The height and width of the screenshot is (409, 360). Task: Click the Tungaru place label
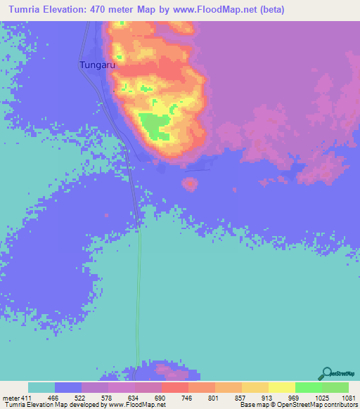point(96,65)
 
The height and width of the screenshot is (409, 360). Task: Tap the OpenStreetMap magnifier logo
point(327,372)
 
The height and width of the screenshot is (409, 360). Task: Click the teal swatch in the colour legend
point(41,387)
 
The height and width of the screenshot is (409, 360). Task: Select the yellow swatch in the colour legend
point(281,387)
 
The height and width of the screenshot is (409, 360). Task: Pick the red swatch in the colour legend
point(174,387)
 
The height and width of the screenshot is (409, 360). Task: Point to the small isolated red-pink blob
point(189,184)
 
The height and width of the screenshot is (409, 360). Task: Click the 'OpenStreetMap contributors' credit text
point(316,404)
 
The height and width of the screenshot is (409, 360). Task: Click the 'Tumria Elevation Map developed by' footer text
point(51,404)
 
